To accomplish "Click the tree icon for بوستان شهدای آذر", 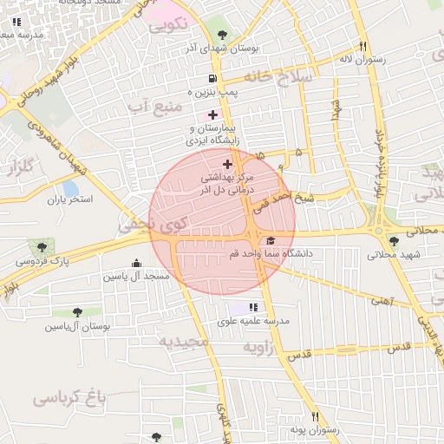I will (x=225, y=35).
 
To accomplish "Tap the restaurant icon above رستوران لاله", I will (x=362, y=47).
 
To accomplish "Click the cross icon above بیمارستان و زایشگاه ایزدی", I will (x=212, y=114).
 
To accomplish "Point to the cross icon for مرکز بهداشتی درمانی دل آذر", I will (x=227, y=164).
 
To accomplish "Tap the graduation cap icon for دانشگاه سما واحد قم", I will (x=270, y=241).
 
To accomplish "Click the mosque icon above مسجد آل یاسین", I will (x=135, y=264).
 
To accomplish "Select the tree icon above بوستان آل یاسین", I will (x=77, y=311).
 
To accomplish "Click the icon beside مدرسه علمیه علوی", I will (x=253, y=307).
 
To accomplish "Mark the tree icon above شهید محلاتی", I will (x=395, y=241).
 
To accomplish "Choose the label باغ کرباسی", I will (x=69, y=397).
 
